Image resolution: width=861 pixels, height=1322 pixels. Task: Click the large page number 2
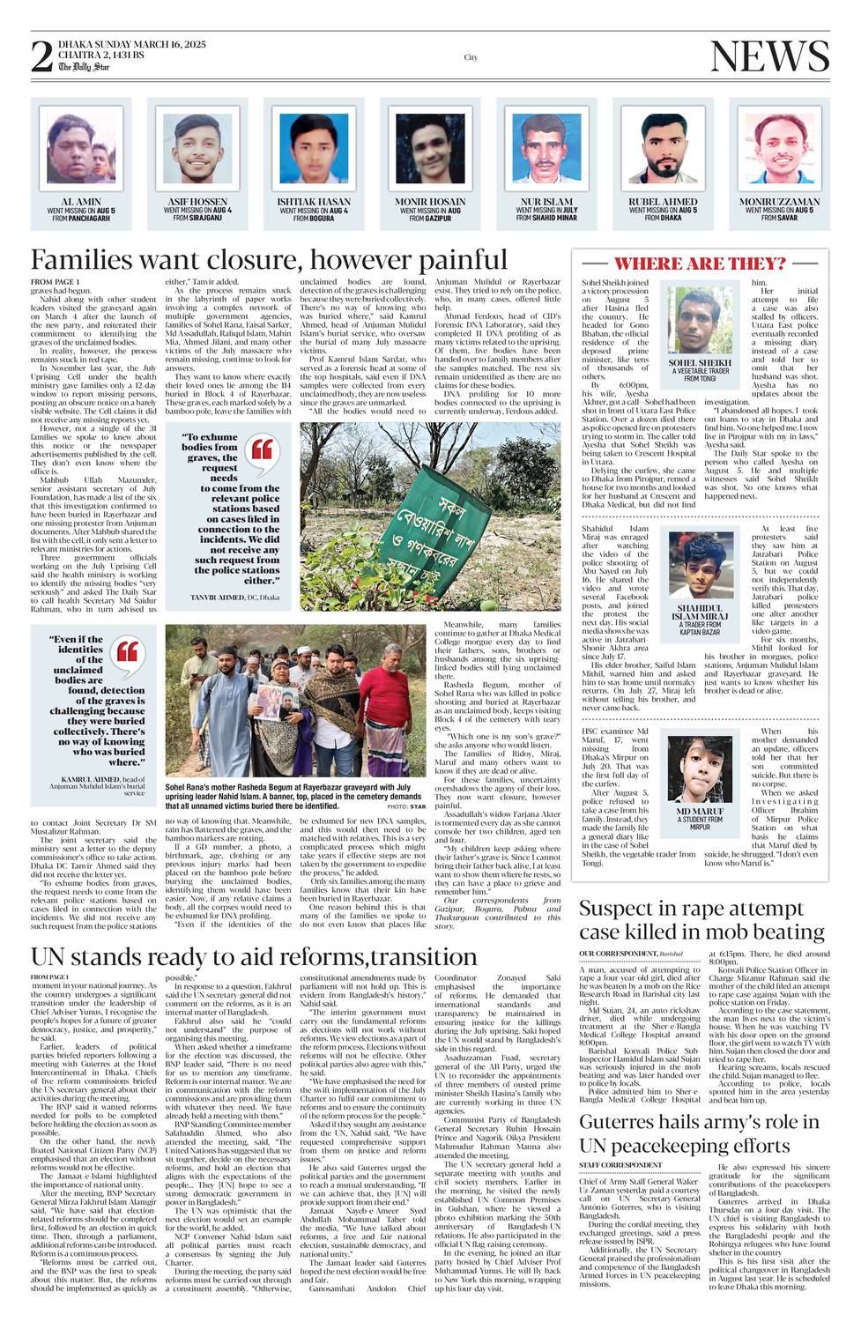[41, 56]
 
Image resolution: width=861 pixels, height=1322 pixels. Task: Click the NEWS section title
[768, 56]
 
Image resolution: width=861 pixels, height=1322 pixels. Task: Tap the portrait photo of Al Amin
[80, 148]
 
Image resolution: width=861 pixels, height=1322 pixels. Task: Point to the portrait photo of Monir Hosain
[430, 148]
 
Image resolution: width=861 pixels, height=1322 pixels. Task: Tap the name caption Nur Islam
[546, 202]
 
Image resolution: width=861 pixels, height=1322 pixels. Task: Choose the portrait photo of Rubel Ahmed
[663, 148]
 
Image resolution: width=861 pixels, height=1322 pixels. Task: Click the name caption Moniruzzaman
[779, 202]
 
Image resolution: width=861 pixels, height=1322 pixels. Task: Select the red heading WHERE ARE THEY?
[700, 264]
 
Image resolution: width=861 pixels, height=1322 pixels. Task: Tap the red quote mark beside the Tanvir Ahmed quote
[262, 449]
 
